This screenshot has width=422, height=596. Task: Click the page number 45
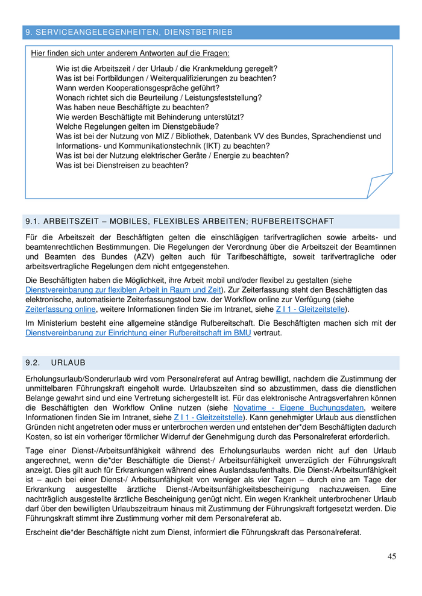392,556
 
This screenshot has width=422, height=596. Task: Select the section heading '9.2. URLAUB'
55,362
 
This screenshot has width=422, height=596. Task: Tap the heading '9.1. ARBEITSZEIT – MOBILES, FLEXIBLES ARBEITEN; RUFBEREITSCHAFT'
179,221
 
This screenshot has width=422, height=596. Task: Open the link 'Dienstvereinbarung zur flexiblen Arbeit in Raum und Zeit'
124,290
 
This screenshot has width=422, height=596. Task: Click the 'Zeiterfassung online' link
60,309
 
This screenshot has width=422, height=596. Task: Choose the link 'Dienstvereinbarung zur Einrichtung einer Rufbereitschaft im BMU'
138,333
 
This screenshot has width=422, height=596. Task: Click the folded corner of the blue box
380,185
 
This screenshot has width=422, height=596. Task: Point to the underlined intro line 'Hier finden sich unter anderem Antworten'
130,54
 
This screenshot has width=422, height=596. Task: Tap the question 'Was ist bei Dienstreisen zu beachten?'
122,164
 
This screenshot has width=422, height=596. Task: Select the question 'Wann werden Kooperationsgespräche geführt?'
137,87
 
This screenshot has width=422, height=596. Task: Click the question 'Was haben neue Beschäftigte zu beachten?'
132,107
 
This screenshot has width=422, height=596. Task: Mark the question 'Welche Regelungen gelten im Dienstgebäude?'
137,126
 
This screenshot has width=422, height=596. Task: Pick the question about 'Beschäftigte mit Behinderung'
150,116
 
